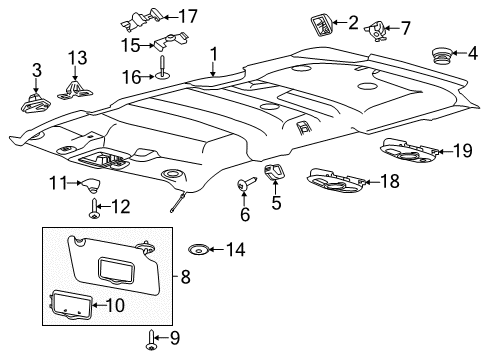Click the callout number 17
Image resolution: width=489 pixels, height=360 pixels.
pyautogui.click(x=189, y=15)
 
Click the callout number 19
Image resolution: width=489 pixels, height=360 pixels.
pyautogui.click(x=462, y=151)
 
